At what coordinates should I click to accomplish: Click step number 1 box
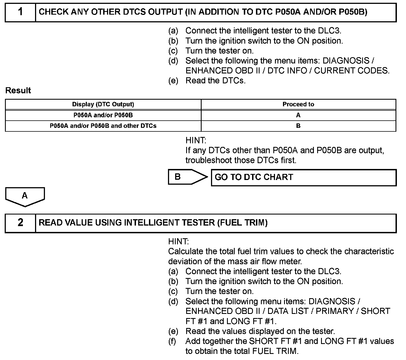20,12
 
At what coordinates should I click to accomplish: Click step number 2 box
20,223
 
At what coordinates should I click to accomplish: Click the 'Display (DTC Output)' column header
103,104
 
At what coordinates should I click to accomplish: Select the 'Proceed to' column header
298,104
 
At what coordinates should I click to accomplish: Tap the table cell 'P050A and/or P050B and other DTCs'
103,126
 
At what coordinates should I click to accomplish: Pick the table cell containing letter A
298,115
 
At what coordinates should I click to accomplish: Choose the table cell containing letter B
298,126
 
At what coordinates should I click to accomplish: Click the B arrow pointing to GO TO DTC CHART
188,177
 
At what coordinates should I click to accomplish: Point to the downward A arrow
25,196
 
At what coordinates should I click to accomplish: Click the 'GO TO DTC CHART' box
303,178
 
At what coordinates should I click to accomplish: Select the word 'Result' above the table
18,91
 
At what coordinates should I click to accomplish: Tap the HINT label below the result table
196,141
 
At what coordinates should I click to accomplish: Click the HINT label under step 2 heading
178,242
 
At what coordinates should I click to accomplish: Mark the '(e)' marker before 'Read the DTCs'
173,81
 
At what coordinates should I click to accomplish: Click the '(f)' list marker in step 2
172,341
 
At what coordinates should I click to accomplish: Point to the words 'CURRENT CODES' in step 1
352,71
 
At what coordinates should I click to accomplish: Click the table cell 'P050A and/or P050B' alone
103,115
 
